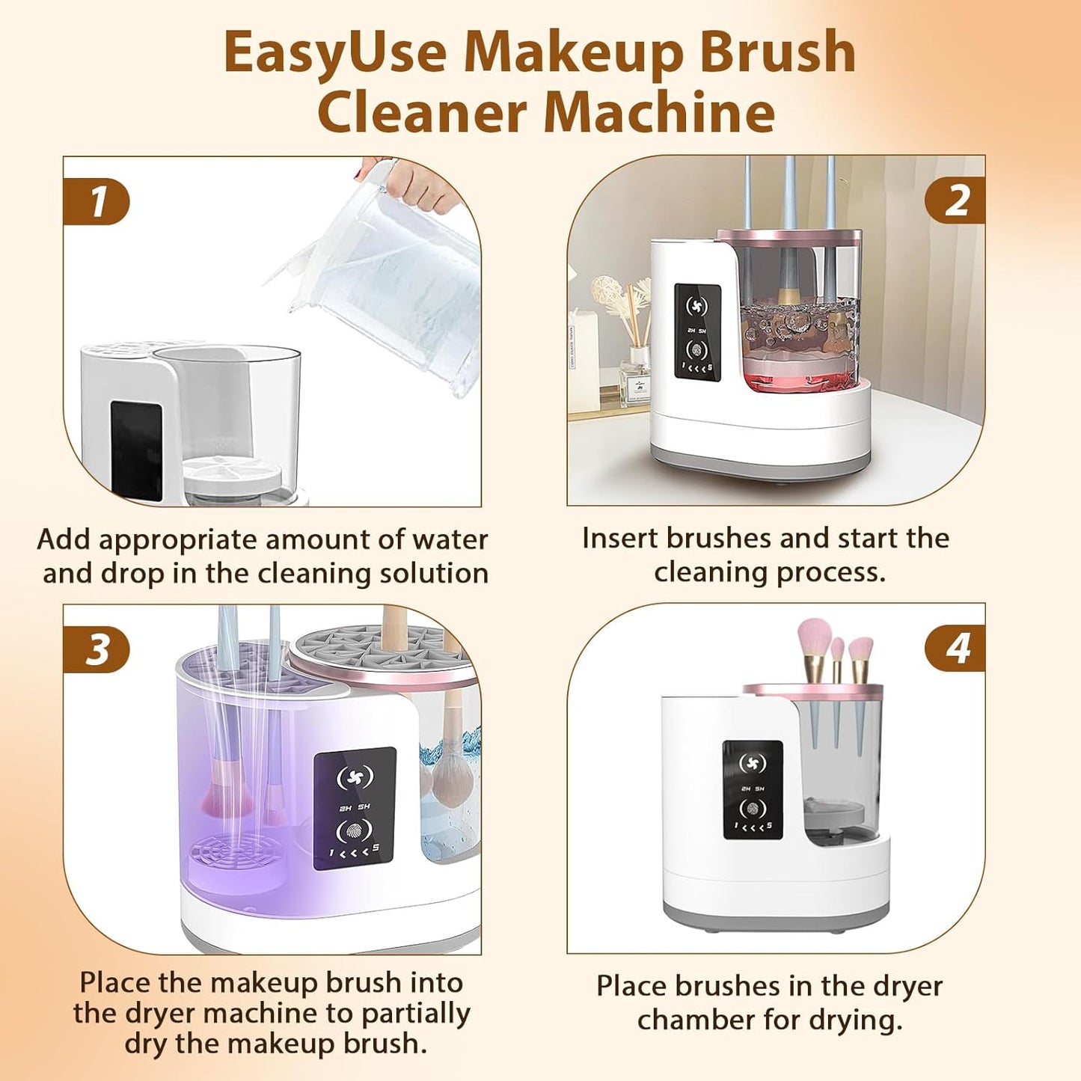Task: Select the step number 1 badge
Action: click(97, 202)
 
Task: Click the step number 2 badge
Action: click(955, 201)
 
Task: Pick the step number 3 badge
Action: click(97, 649)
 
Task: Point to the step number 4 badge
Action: click(955, 649)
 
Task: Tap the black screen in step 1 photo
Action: click(136, 449)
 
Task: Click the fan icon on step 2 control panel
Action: click(696, 307)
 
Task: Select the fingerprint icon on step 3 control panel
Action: click(354, 830)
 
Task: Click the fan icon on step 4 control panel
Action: click(752, 764)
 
